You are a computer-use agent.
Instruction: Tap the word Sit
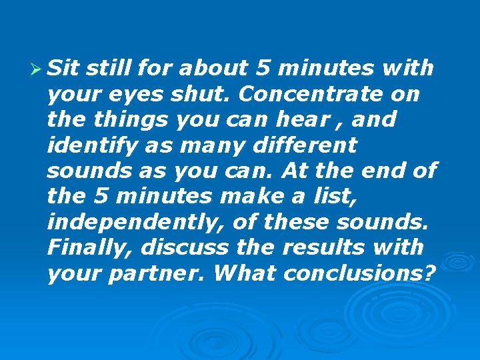(x=65, y=68)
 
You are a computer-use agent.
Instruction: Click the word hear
(x=303, y=119)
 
